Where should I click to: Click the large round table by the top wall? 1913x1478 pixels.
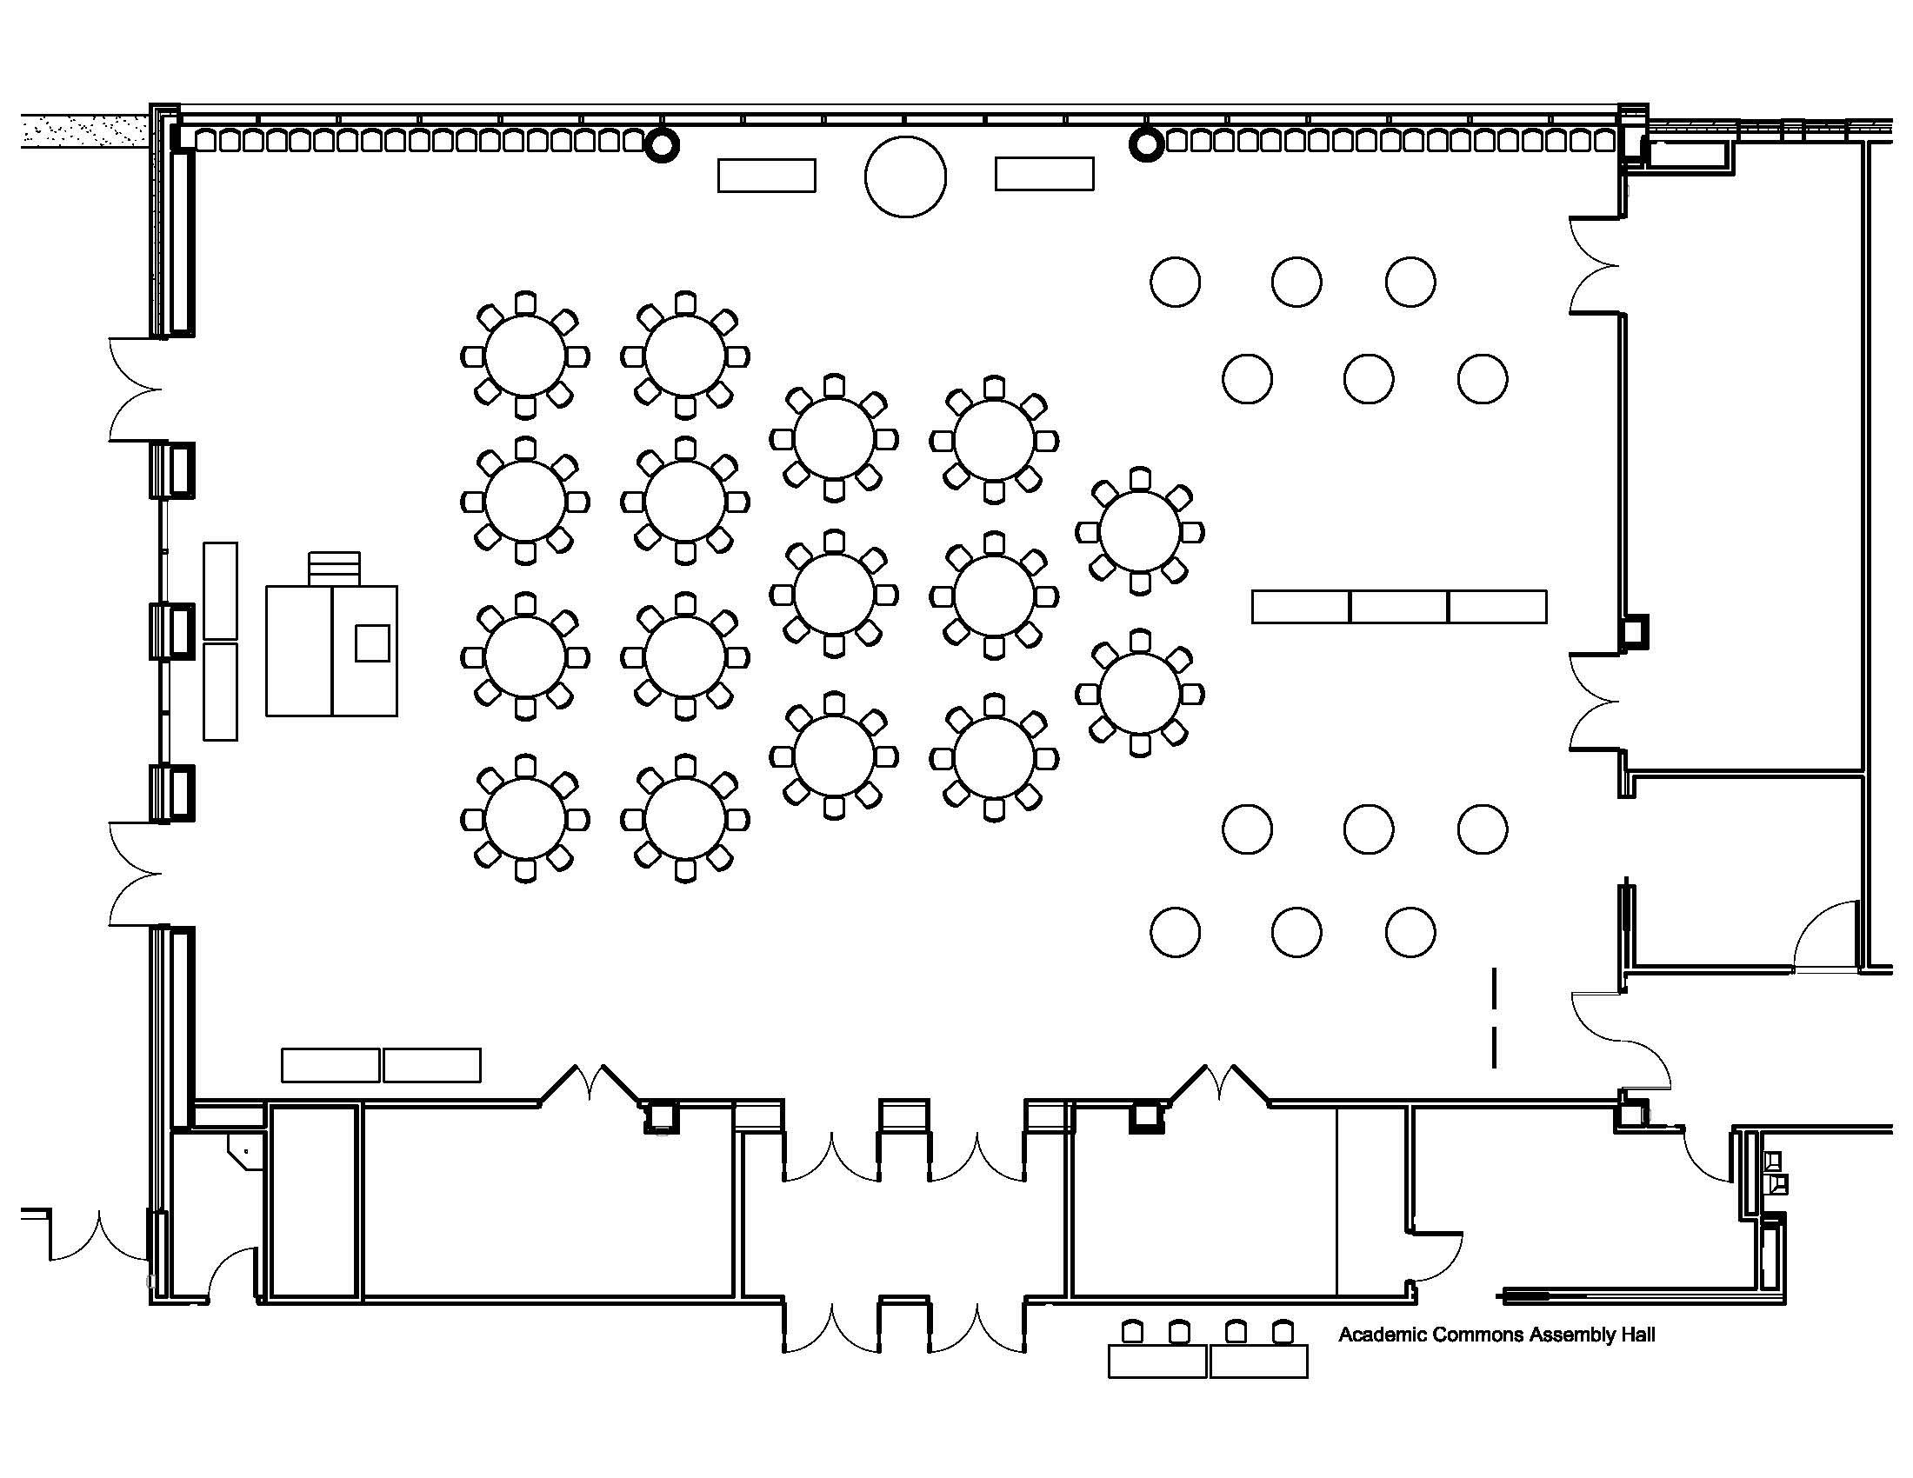[905, 176]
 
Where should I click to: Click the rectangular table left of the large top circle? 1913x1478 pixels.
[766, 175]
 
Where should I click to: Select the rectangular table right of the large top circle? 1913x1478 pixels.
[1044, 173]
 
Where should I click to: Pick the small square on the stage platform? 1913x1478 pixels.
[372, 642]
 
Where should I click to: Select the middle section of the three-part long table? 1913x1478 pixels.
[1399, 607]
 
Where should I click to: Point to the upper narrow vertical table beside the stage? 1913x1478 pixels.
[220, 590]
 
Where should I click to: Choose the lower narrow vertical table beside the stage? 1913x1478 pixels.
[220, 692]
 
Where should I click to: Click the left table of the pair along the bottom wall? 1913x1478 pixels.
[330, 1065]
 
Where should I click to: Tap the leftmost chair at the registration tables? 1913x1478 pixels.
[1132, 1332]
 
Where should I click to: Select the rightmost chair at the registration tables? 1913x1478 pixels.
[1283, 1332]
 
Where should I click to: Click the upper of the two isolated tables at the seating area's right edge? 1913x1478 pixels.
[1140, 531]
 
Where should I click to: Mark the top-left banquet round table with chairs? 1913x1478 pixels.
[524, 356]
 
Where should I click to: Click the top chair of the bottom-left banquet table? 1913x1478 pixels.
[524, 766]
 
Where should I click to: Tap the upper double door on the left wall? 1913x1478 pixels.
[136, 389]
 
